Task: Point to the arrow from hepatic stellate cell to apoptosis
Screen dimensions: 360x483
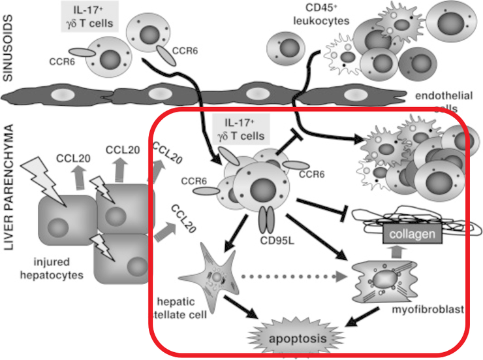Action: [245, 314]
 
